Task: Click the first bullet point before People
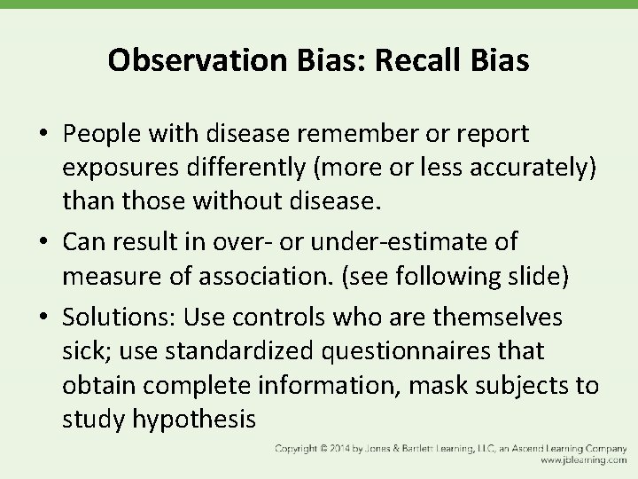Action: tap(43, 134)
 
